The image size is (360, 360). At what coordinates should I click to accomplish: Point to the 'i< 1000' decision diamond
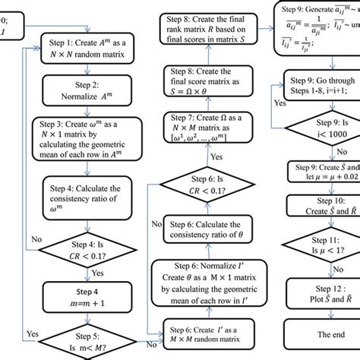tap(319, 128)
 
